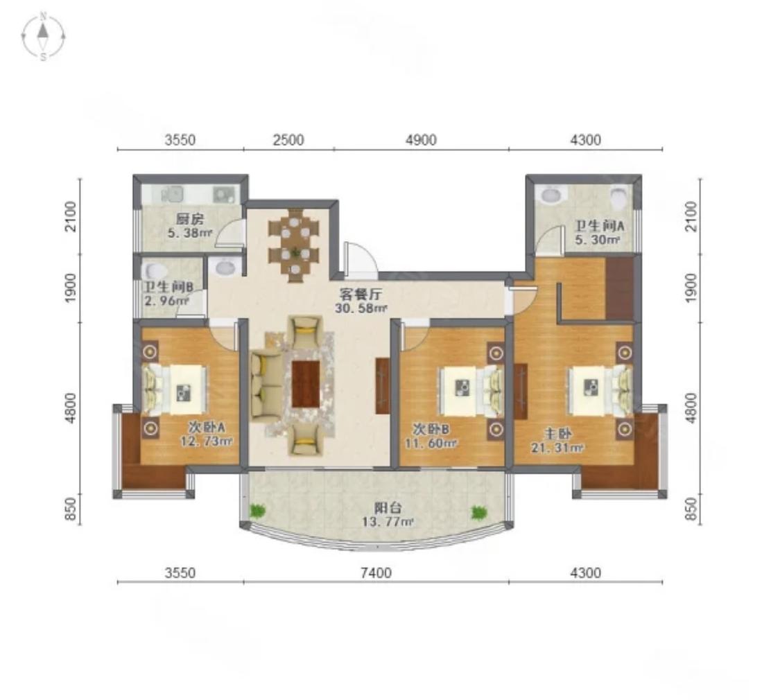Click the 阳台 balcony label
(x=388, y=507)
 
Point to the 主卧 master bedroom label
(x=557, y=434)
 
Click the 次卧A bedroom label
(x=207, y=426)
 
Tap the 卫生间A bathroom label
(x=600, y=226)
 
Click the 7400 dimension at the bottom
(x=376, y=573)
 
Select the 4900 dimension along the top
(x=421, y=140)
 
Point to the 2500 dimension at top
(x=288, y=140)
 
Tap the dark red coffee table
(x=306, y=384)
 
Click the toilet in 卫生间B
(x=154, y=272)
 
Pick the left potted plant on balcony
(x=257, y=511)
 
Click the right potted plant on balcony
(x=478, y=512)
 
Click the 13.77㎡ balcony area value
(x=388, y=522)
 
